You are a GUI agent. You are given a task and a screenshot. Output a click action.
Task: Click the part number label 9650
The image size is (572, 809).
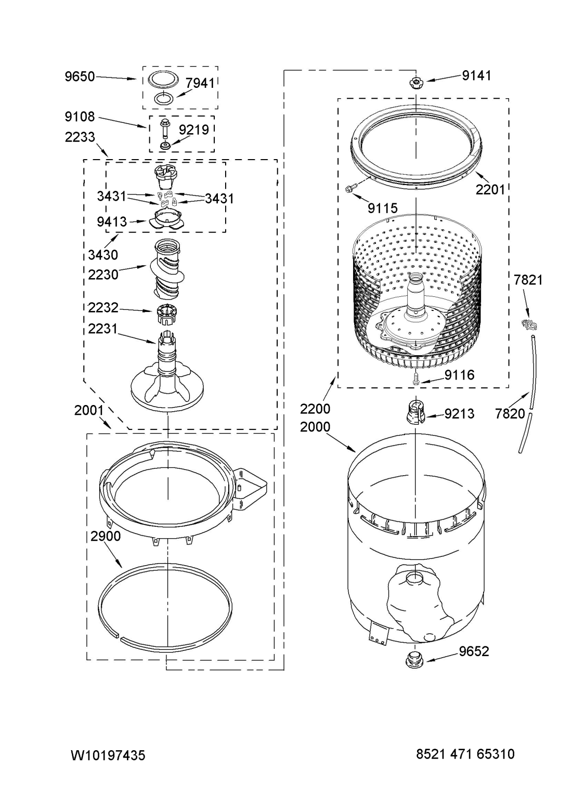tap(80, 76)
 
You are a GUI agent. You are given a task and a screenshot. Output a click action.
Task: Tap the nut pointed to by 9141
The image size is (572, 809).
tap(415, 83)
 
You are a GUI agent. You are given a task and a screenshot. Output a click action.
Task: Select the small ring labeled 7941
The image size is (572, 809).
tap(164, 98)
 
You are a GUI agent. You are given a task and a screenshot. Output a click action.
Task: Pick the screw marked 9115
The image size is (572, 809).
tap(350, 188)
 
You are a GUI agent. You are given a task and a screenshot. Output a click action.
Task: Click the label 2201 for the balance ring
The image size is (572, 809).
tap(490, 190)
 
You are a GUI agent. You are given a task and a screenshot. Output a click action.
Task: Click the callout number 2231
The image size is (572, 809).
tap(102, 329)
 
